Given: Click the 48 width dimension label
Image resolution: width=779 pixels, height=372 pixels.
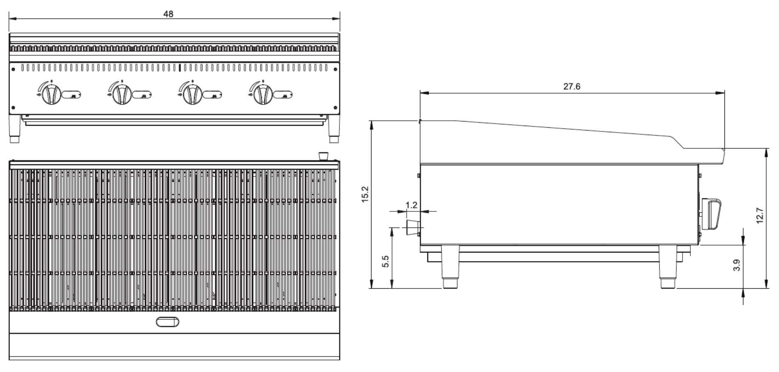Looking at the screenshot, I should point(168,14).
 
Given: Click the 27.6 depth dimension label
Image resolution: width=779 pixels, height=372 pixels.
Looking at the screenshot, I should point(572,87).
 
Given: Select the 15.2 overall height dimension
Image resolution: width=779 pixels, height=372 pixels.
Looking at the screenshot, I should point(365,194).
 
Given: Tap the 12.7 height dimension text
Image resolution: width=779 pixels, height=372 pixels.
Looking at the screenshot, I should point(759,216).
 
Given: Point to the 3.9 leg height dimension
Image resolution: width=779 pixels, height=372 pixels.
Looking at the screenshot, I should point(736,265).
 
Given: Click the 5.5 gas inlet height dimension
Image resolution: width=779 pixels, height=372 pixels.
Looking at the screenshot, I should point(385,262).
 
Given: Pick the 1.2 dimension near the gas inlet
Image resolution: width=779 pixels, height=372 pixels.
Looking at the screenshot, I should point(411,205).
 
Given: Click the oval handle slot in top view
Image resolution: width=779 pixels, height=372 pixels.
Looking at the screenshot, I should point(167,322).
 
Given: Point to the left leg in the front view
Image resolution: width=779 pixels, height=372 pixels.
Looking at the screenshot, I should point(15,129).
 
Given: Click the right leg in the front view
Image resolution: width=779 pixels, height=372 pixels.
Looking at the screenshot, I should point(334,129).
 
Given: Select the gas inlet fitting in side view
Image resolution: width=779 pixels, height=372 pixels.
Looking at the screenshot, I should point(412,227).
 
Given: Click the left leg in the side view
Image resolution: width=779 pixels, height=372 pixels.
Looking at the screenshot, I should point(450,267).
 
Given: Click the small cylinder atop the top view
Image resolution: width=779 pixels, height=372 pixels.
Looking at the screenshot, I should point(323,156).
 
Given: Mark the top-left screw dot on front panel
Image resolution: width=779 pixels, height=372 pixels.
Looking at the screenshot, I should point(14,69).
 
